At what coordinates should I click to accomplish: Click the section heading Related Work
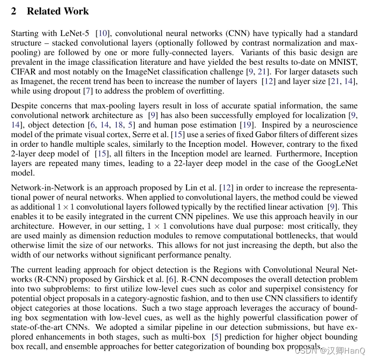[58, 11]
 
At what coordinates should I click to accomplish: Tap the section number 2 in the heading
[14, 11]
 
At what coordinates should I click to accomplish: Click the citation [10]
[105, 33]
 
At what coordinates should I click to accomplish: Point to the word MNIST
[344, 62]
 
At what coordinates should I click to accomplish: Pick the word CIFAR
[23, 72]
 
